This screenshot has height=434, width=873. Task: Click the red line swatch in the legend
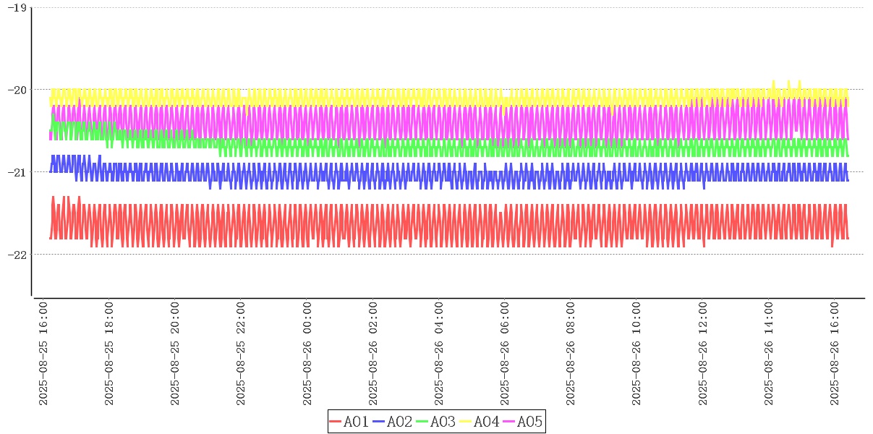[335, 422]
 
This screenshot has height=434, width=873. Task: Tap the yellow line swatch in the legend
[465, 422]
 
